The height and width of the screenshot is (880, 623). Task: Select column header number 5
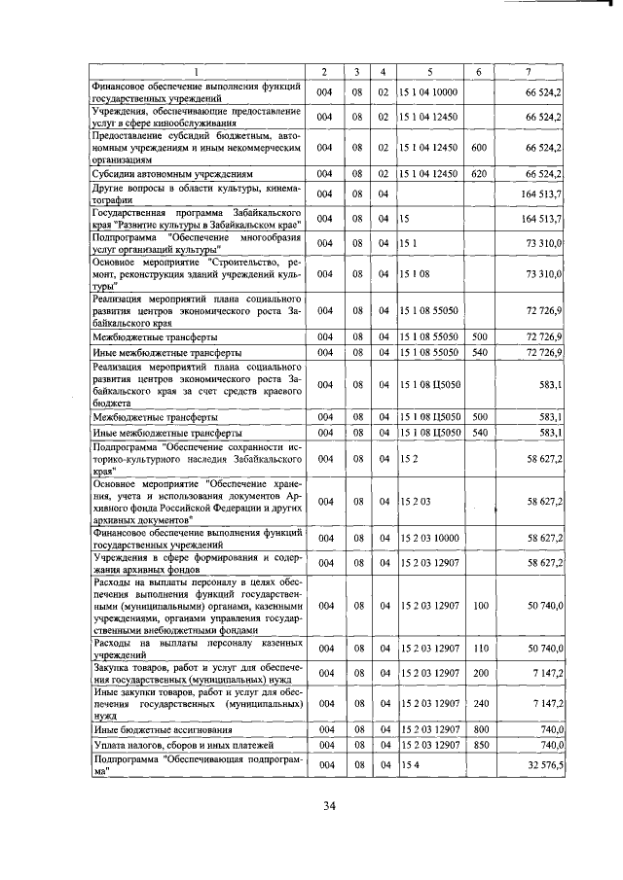[428, 72]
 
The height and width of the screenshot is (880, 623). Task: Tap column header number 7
[528, 72]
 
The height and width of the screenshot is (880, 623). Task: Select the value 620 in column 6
[478, 173]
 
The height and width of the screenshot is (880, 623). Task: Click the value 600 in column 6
[478, 148]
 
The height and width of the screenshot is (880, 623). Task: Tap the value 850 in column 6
[478, 745]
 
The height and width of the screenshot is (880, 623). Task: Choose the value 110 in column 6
[478, 647]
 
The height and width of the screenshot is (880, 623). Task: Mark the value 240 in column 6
[478, 702]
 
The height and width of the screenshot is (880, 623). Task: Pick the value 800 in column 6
[478, 729]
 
